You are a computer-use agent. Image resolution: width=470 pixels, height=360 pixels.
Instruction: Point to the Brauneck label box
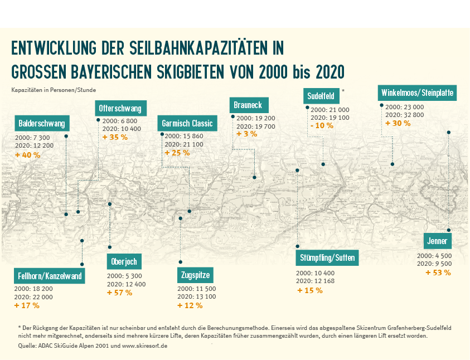tap(249, 105)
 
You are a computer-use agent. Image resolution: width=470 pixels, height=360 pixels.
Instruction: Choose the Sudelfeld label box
tap(321, 96)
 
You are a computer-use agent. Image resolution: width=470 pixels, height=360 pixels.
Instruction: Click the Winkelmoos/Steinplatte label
tap(417, 93)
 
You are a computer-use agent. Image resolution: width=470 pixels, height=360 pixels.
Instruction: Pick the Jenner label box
tap(438, 241)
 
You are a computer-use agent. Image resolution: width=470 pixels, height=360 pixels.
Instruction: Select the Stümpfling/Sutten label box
tap(327, 258)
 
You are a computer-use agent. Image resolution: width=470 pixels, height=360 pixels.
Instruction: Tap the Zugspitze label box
tap(196, 275)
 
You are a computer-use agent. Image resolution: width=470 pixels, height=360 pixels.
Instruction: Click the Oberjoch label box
tap(124, 261)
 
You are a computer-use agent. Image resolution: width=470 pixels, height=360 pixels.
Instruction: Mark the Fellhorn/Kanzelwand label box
tap(50, 276)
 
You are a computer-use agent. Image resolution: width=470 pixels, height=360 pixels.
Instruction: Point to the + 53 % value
tap(438, 273)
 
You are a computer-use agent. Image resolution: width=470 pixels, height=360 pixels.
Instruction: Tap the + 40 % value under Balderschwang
tap(28, 154)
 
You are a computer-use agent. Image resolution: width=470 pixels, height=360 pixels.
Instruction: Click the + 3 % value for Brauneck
tap(246, 134)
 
